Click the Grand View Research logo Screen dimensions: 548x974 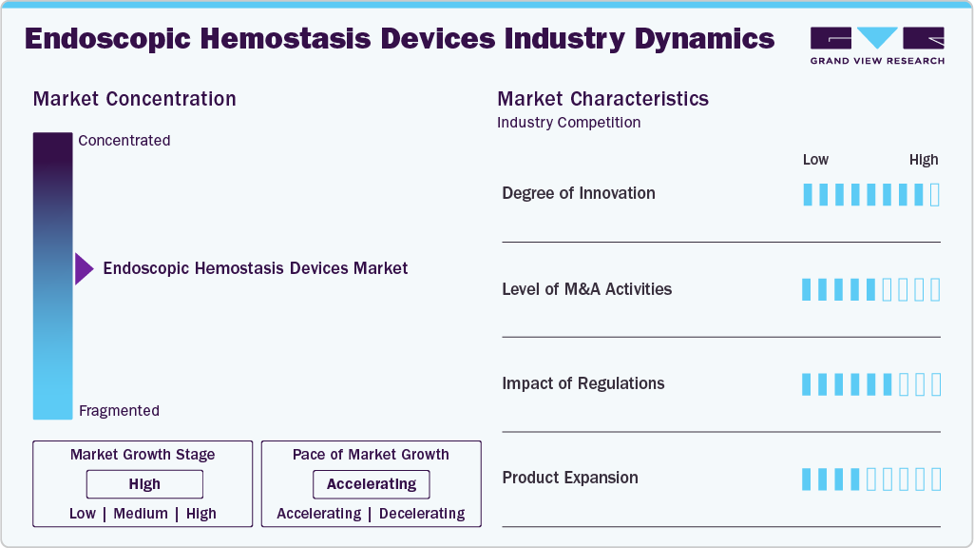877,46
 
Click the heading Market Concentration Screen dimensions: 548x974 134,99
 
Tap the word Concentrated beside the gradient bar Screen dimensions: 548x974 124,141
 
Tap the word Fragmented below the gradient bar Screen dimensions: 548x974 119,411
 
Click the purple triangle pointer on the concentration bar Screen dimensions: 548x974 84,269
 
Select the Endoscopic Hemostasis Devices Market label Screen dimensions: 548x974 255,268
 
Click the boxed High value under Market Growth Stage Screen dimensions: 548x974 144,484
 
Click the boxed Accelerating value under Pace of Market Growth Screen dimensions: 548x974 372,484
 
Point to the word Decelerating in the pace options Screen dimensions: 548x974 422,514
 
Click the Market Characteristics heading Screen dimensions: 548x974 602,99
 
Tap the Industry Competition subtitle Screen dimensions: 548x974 568,123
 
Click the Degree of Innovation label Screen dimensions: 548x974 579,193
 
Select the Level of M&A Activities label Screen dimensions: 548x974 586,289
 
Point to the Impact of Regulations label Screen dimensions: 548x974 583,383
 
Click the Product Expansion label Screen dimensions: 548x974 570,478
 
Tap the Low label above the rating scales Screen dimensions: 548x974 815,160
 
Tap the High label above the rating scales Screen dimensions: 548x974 923,160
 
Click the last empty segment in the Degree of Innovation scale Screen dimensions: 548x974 935,195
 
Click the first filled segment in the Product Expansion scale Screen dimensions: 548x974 808,479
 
